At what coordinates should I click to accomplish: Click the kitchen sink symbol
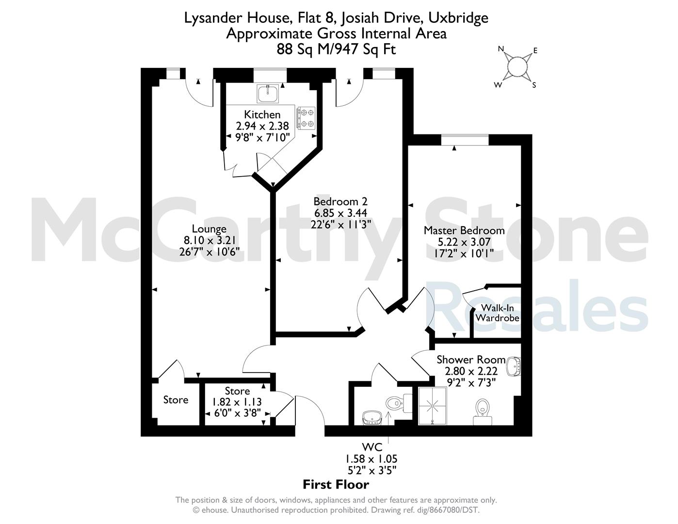point(268,93)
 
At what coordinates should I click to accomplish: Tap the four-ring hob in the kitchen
point(306,118)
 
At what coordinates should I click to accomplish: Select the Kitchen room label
point(262,115)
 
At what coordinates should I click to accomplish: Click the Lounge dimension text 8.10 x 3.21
point(210,240)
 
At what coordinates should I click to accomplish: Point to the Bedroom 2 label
point(340,201)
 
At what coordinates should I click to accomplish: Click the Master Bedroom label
point(464,230)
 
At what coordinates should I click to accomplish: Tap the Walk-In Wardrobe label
point(498,313)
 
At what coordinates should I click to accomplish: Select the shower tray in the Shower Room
point(433,406)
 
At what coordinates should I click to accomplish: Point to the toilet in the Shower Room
point(483,411)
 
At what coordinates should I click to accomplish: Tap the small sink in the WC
point(372,418)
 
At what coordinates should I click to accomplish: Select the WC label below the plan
point(372,447)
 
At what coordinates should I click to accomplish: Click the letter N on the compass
point(501,49)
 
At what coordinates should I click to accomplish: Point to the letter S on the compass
point(534,85)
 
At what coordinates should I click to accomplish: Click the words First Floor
point(336,485)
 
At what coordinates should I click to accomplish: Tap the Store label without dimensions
point(176,400)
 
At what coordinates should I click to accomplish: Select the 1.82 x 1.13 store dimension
point(237,402)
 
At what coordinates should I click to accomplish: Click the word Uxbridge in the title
point(458,18)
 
